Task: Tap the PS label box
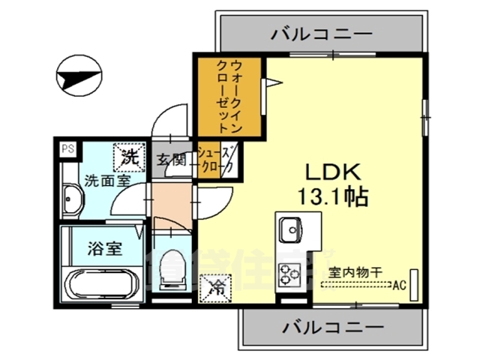[67, 148]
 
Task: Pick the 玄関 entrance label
[171, 159]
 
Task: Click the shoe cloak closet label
[217, 159]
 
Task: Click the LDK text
[333, 170]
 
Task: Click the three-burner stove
[289, 273]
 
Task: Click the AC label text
[400, 284]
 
